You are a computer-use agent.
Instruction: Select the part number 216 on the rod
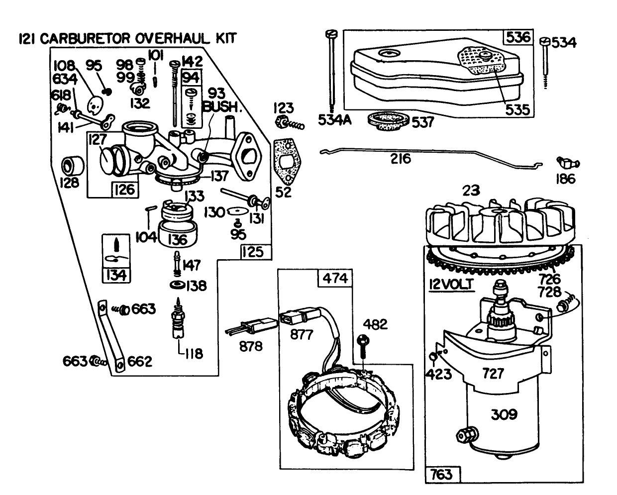(401, 159)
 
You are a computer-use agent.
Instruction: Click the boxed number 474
(335, 279)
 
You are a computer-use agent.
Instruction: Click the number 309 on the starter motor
(504, 414)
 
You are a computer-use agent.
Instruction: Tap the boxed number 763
(443, 474)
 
